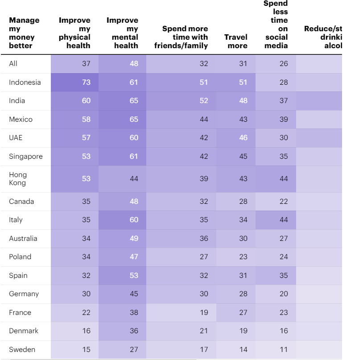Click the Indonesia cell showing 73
click(x=86, y=82)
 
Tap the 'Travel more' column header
click(x=236, y=41)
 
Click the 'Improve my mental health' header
click(x=123, y=33)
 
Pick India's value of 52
click(x=204, y=101)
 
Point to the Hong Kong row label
click(x=18, y=179)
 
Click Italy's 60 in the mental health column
click(x=134, y=219)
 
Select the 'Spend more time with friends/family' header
click(x=181, y=37)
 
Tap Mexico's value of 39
click(x=284, y=120)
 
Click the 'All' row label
click(x=13, y=64)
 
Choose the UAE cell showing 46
click(x=243, y=138)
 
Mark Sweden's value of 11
click(x=284, y=349)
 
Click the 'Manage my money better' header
click(x=25, y=33)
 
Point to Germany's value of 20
click(x=284, y=294)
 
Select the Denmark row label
click(x=24, y=331)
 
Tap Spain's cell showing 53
click(x=134, y=275)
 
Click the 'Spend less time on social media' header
click(x=276, y=25)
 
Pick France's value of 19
click(x=204, y=312)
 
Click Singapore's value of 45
click(x=243, y=156)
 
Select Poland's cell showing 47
click(x=134, y=257)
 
